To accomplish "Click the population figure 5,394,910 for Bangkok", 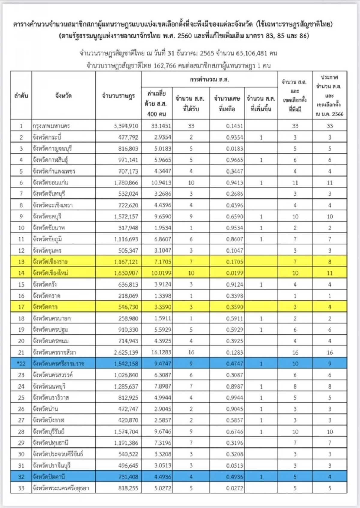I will pos(126,126).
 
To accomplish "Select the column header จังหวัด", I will pos(63,96).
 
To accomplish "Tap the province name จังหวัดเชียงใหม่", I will pos(50,273).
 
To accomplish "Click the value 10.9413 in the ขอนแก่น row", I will pos(161,182).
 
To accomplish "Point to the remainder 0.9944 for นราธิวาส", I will pos(235,398).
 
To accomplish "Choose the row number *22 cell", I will pos(21,364).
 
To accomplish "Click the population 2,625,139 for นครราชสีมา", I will pos(126,352).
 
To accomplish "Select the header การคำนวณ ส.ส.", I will pos(209,80).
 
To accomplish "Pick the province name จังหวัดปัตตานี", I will pos(49,477).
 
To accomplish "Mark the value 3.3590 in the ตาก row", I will pos(162,307).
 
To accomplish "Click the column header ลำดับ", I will pos(21,96).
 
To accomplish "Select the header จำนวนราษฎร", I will pos(118,96).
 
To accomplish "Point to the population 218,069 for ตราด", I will pos(128,296).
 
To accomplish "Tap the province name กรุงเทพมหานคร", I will pos(51,126).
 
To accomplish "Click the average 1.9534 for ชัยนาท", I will pos(162,228).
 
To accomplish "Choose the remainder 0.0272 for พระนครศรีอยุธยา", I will pos(235,488).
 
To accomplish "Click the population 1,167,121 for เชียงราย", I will pos(126,262).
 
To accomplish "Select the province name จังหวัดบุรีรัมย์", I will pos(49,431).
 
